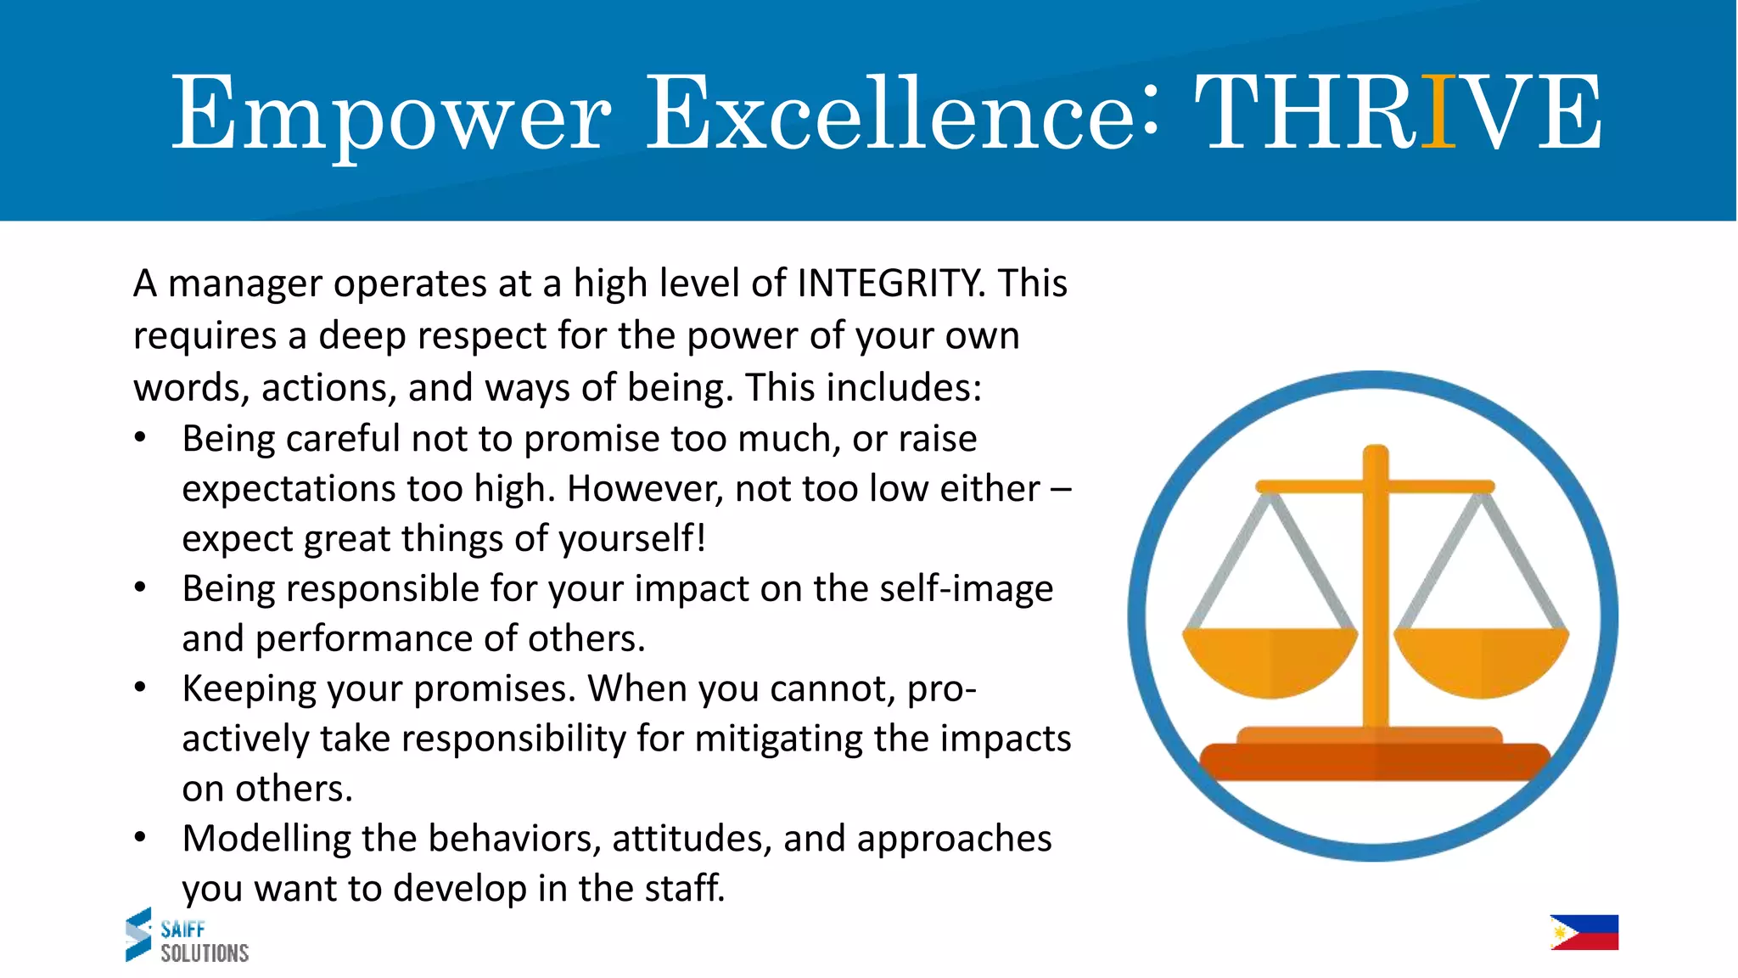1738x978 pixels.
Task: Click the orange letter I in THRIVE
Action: [x=1438, y=112]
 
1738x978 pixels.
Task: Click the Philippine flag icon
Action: [x=1584, y=932]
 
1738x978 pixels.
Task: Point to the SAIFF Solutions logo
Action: [x=187, y=936]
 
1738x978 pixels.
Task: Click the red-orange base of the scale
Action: [x=1375, y=761]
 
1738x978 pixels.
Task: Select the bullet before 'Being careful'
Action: [x=141, y=439]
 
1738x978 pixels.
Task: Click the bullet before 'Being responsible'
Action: [x=141, y=588]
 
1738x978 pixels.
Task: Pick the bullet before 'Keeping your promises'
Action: [x=141, y=689]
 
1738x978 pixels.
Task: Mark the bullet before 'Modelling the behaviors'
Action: [x=141, y=839]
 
